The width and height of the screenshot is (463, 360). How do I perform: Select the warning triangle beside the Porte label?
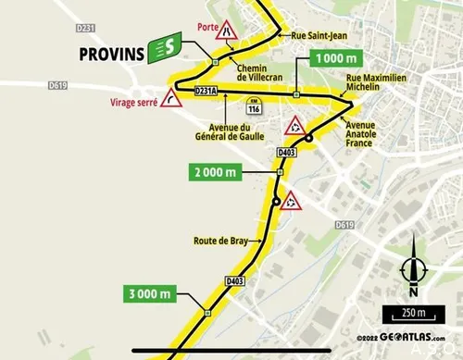point(227,33)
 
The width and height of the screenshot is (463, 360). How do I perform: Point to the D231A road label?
point(206,92)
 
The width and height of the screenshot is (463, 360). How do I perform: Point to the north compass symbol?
point(413,271)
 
